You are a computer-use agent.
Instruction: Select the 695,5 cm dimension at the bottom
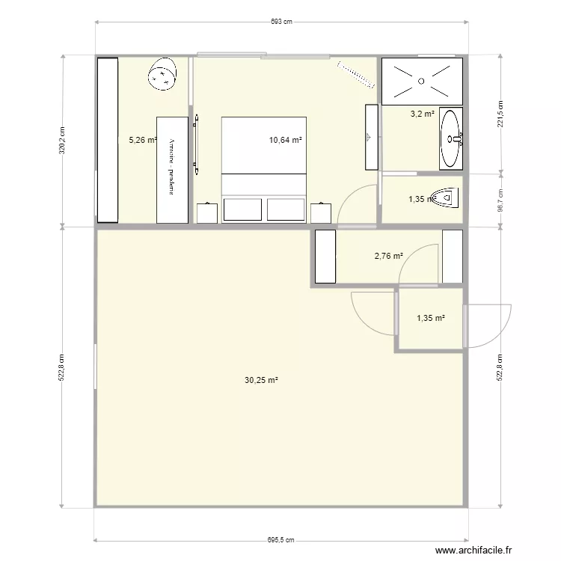pos(280,539)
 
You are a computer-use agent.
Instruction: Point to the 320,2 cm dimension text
pos(63,140)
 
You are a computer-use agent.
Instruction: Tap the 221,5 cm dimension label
pos(500,114)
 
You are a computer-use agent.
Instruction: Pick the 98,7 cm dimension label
pos(500,199)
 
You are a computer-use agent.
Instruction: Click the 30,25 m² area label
pos(261,380)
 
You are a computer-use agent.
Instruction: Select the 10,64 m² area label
pos(286,140)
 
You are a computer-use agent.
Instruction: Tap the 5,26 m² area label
pos(143,140)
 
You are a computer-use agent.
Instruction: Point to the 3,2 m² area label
pos(422,114)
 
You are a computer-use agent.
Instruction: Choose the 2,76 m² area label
pos(388,256)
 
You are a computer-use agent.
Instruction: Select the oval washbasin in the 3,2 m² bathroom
pos(451,138)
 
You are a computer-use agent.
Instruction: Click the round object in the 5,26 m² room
pos(163,75)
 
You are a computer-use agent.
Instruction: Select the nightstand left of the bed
pos(207,213)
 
